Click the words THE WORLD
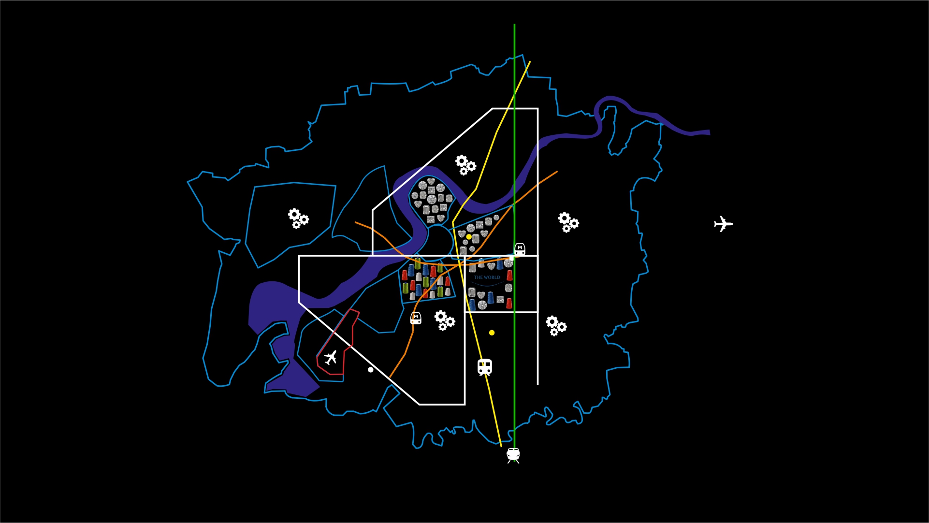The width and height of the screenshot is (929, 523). [x=487, y=277]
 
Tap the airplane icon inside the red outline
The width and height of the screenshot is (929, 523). [x=331, y=358]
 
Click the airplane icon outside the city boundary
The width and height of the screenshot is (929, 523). [x=723, y=224]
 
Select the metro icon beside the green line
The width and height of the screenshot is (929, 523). [x=520, y=249]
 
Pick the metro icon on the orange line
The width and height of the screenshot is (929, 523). [x=416, y=318]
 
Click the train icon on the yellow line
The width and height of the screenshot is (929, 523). [x=485, y=367]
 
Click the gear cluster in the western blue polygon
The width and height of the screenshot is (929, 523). [x=298, y=218]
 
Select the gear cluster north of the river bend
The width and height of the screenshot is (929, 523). [x=465, y=165]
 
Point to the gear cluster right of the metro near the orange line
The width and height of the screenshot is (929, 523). [x=444, y=320]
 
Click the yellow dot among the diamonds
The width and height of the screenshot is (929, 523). [x=469, y=237]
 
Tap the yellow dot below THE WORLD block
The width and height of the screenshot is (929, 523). [x=492, y=333]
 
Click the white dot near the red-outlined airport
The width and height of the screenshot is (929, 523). [x=371, y=370]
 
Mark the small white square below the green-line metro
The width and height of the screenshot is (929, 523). [x=512, y=259]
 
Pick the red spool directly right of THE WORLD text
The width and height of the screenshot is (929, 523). [x=509, y=276]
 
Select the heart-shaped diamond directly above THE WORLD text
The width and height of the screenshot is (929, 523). [x=491, y=266]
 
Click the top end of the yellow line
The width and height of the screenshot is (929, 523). [x=530, y=61]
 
